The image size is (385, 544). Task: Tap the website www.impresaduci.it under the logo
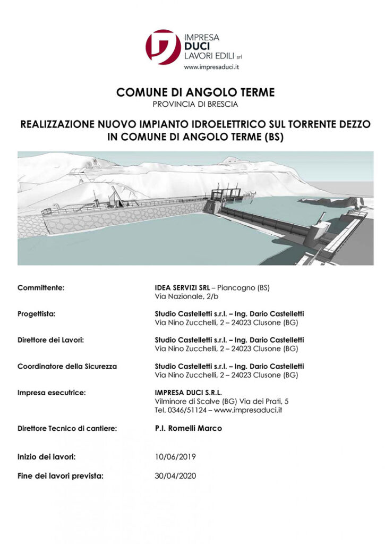[x=211, y=67]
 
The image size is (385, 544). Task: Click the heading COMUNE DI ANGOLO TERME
[x=195, y=93]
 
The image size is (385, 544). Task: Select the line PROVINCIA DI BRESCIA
[x=195, y=105]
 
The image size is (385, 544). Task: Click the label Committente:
[x=41, y=288]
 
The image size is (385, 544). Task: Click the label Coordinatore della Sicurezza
[x=67, y=367]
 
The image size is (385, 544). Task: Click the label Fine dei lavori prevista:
[x=60, y=475]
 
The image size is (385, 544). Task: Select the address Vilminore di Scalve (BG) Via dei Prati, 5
[x=221, y=401]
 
